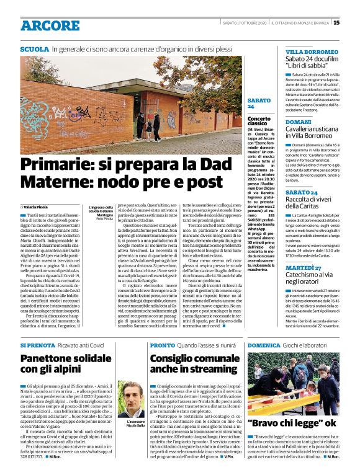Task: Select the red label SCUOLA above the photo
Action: [34, 48]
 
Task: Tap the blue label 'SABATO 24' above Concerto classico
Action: [259, 103]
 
